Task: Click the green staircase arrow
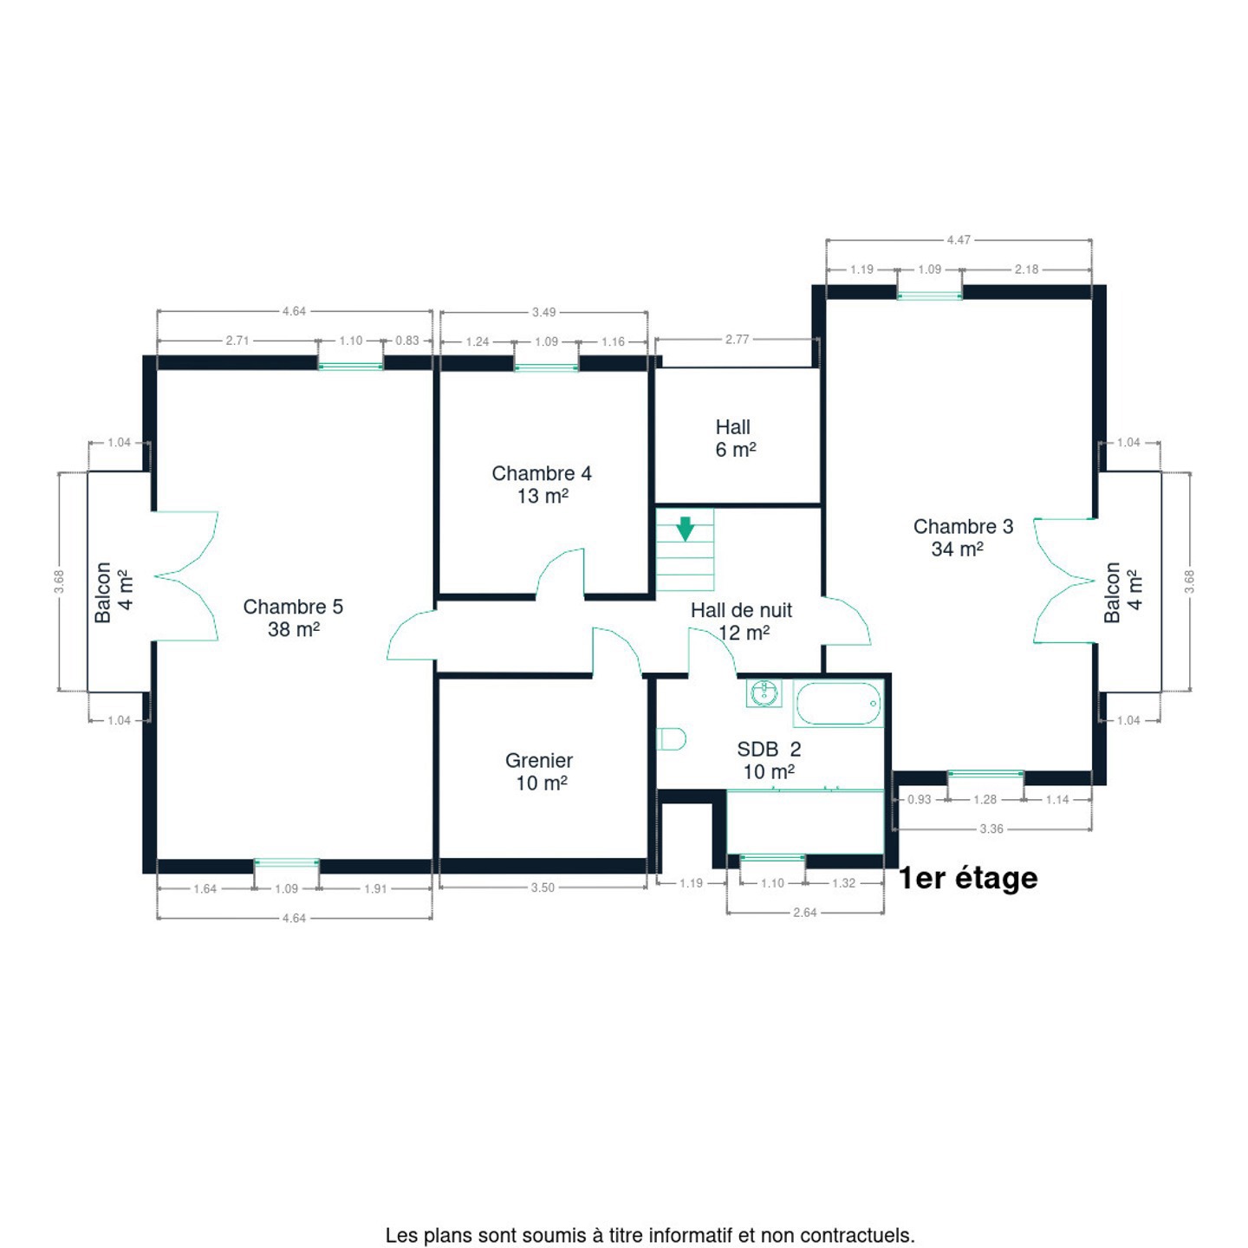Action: (x=685, y=529)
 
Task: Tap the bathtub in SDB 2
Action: (x=838, y=703)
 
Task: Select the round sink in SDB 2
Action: (x=764, y=693)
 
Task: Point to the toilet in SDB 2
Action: (x=671, y=738)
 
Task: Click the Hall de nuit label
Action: (x=741, y=609)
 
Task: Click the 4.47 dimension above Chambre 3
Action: (x=959, y=240)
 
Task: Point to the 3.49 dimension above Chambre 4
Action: (x=544, y=312)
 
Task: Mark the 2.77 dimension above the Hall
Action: (x=737, y=340)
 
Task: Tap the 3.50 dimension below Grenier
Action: (x=543, y=887)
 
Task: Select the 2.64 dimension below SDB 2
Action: (x=805, y=913)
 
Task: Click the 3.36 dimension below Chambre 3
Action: (x=991, y=829)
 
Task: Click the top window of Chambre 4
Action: (x=547, y=367)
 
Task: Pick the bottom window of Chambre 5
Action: (x=286, y=862)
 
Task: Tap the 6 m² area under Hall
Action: (x=736, y=450)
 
